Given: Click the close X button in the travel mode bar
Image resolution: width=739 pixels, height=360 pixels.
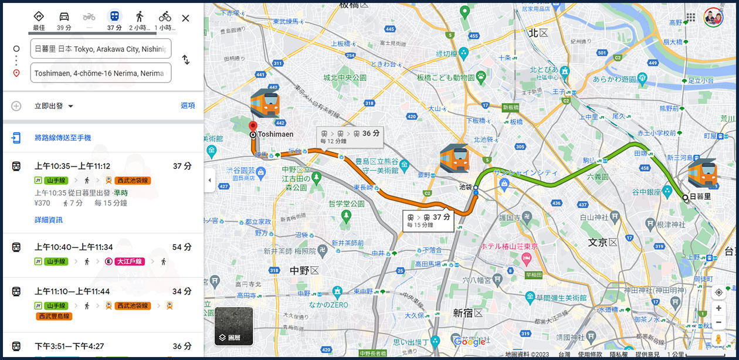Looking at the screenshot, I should click(x=185, y=18).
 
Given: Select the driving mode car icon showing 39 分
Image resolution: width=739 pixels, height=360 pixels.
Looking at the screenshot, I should click(x=64, y=17).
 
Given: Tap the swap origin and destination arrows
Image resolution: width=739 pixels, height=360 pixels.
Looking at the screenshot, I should click(x=185, y=60).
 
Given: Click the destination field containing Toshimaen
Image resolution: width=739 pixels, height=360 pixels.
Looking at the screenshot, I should click(x=101, y=73).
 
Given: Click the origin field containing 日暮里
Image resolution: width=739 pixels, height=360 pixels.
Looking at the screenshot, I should click(x=101, y=49).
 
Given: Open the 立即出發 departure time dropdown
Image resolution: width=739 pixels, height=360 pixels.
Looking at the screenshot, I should click(x=54, y=106).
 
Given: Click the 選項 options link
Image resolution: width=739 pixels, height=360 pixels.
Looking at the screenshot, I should click(x=188, y=106).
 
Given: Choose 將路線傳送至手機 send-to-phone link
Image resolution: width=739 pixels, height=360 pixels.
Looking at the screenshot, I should click(x=62, y=138).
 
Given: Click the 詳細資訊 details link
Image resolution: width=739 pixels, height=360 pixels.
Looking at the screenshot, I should click(x=48, y=220).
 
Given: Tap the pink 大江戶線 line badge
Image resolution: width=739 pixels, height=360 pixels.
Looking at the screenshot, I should click(x=129, y=261).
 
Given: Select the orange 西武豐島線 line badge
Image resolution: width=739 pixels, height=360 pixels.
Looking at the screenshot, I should click(x=54, y=317).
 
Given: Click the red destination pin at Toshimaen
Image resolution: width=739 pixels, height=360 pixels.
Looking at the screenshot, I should click(x=253, y=127).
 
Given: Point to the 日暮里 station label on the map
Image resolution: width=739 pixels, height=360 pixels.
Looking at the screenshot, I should click(x=700, y=197).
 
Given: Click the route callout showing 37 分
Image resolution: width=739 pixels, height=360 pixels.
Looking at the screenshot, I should click(x=429, y=220).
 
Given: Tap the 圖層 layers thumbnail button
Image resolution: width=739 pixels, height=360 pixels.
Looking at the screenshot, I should click(x=233, y=326).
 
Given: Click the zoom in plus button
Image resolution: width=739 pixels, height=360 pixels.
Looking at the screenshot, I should click(x=718, y=308).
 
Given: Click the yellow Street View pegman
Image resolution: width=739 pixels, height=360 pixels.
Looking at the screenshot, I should click(x=718, y=339).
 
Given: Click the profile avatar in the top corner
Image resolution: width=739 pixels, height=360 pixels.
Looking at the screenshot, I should click(x=713, y=18).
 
